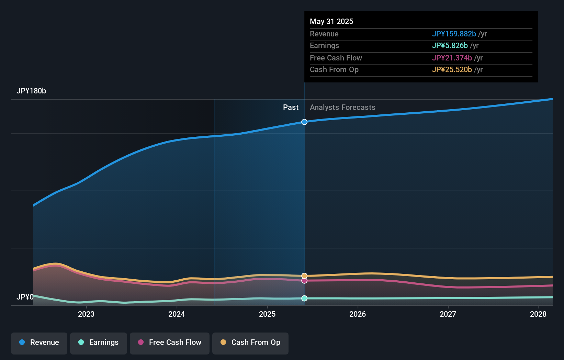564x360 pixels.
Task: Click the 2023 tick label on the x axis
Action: pos(86,314)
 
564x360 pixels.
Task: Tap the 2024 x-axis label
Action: pos(177,314)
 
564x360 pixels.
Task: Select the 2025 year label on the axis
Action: pos(267,314)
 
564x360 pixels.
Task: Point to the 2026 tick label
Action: pos(358,314)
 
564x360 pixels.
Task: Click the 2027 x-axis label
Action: pos(448,314)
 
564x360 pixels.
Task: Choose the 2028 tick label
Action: pos(538,314)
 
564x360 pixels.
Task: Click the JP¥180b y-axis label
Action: pos(31,91)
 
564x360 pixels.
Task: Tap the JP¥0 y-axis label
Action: pos(25,297)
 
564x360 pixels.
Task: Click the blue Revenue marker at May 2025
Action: pos(304,122)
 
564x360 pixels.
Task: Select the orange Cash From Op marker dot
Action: pos(304,276)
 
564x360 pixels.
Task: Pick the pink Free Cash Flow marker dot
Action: pos(304,281)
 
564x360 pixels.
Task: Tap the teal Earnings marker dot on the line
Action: pos(304,298)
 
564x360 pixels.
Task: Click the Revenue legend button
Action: pos(39,342)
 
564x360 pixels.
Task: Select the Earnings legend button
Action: pos(99,342)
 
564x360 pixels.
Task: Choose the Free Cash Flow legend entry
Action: pos(170,342)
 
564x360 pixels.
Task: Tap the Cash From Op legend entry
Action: pos(250,342)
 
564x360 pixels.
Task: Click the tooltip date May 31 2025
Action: pos(331,21)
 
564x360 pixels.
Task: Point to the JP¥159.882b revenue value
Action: pos(454,34)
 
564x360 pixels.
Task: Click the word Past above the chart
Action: pos(291,108)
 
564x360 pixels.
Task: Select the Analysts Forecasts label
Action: pos(342,108)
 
